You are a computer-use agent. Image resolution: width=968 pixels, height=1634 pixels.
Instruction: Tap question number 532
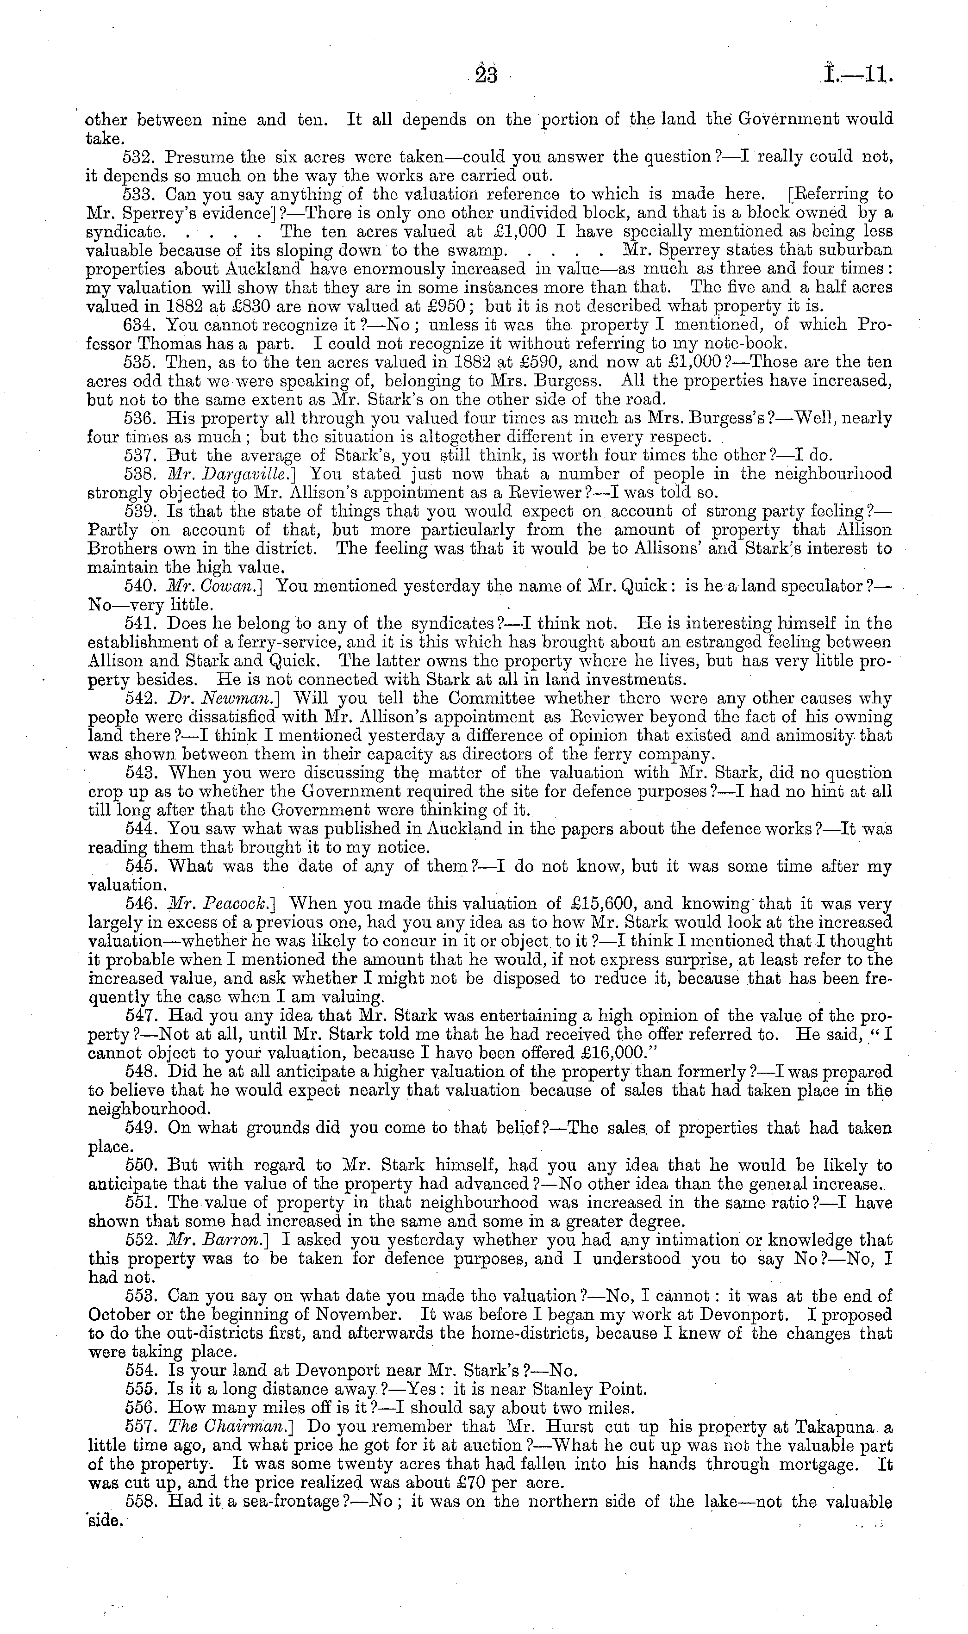point(140,157)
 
